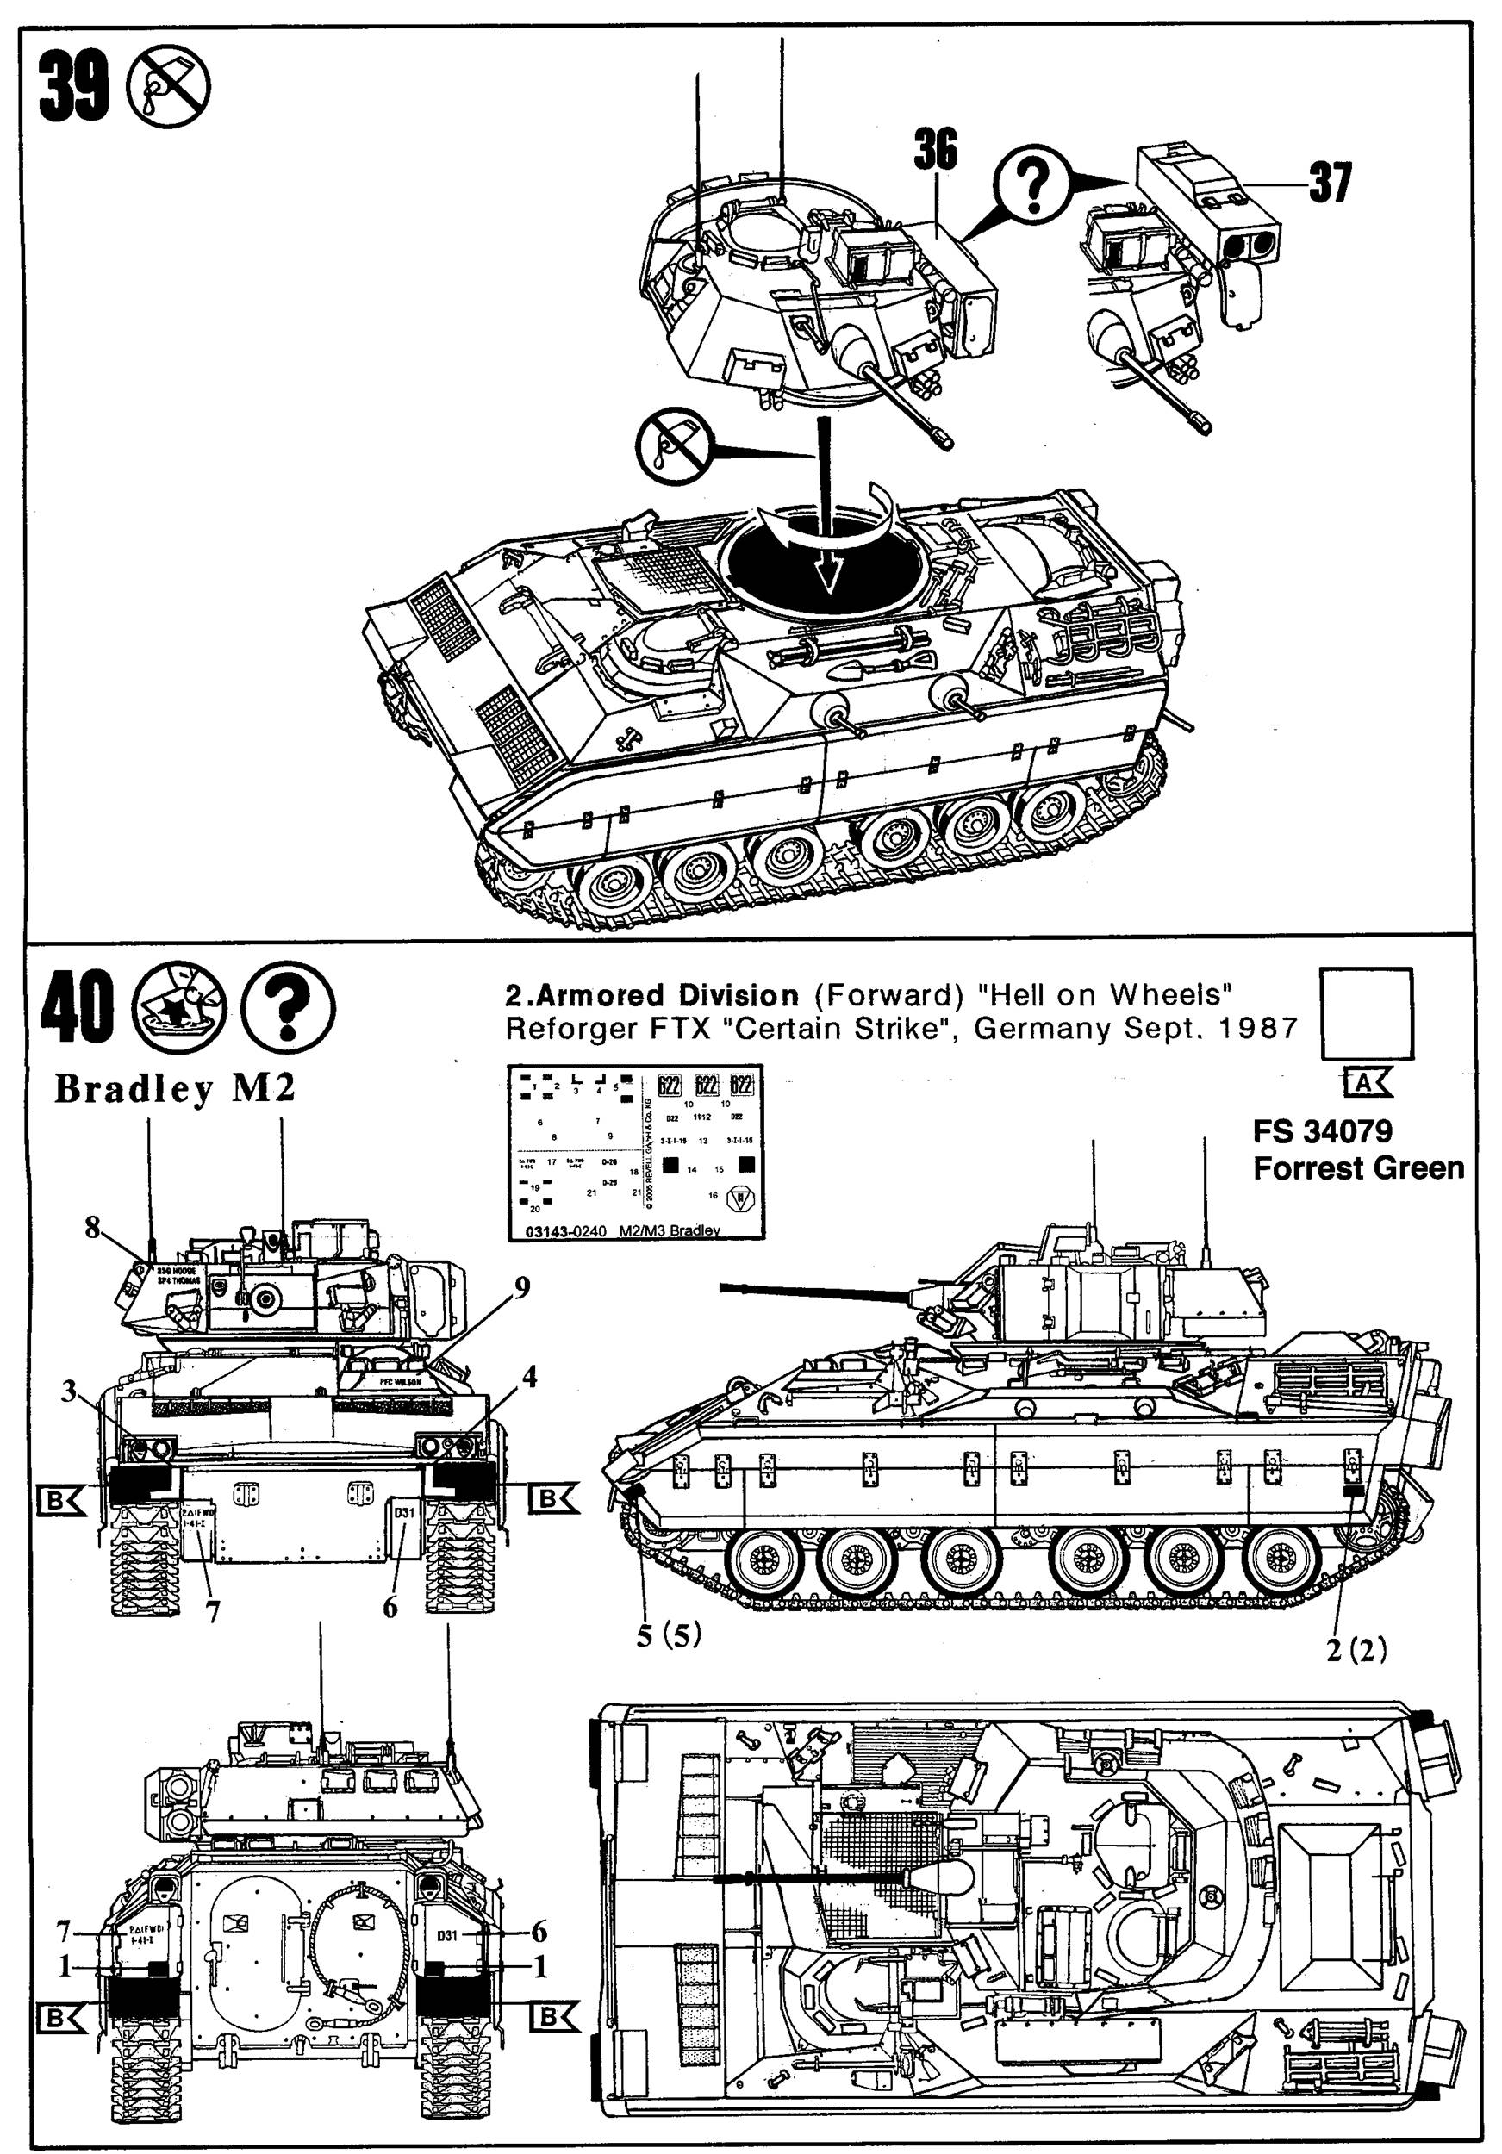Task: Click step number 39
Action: pyautogui.click(x=73, y=87)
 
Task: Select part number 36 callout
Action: pyautogui.click(x=935, y=150)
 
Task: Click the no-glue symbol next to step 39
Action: pyautogui.click(x=169, y=86)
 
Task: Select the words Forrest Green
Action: pyautogui.click(x=1357, y=1168)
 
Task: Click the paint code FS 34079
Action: pyautogui.click(x=1322, y=1131)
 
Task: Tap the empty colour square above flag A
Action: pyautogui.click(x=1365, y=1013)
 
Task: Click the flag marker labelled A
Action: pyautogui.click(x=1366, y=1084)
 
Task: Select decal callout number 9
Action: pyautogui.click(x=520, y=1288)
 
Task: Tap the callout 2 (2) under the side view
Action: pyautogui.click(x=1356, y=1649)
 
